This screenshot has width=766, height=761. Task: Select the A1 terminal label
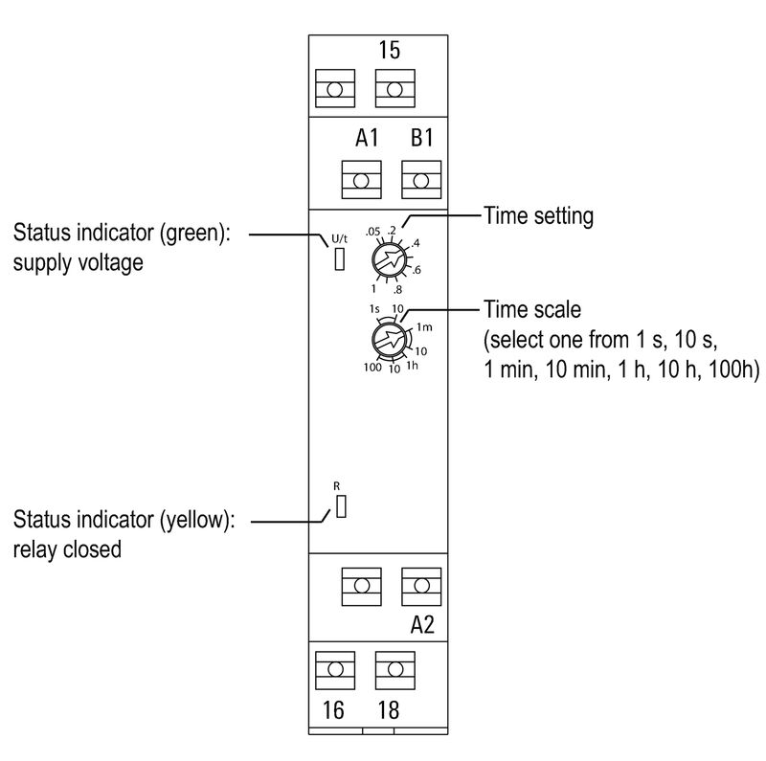tap(367, 139)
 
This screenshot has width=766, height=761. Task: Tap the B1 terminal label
tap(422, 139)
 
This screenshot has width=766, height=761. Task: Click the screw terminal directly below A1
tap(362, 179)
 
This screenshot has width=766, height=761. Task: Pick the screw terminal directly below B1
tap(421, 179)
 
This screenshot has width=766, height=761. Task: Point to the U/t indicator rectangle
tap(339, 259)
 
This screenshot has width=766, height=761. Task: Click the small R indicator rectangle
tap(339, 507)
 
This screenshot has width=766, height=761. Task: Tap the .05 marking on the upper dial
tap(372, 231)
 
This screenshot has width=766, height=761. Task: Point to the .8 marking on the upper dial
tap(396, 288)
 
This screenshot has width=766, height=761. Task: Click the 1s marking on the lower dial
tap(374, 308)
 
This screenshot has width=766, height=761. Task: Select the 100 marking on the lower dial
tap(372, 369)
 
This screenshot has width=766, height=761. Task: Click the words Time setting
tap(538, 216)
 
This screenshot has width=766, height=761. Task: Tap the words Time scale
tap(529, 311)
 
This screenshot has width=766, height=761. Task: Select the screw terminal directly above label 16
tap(335, 670)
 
